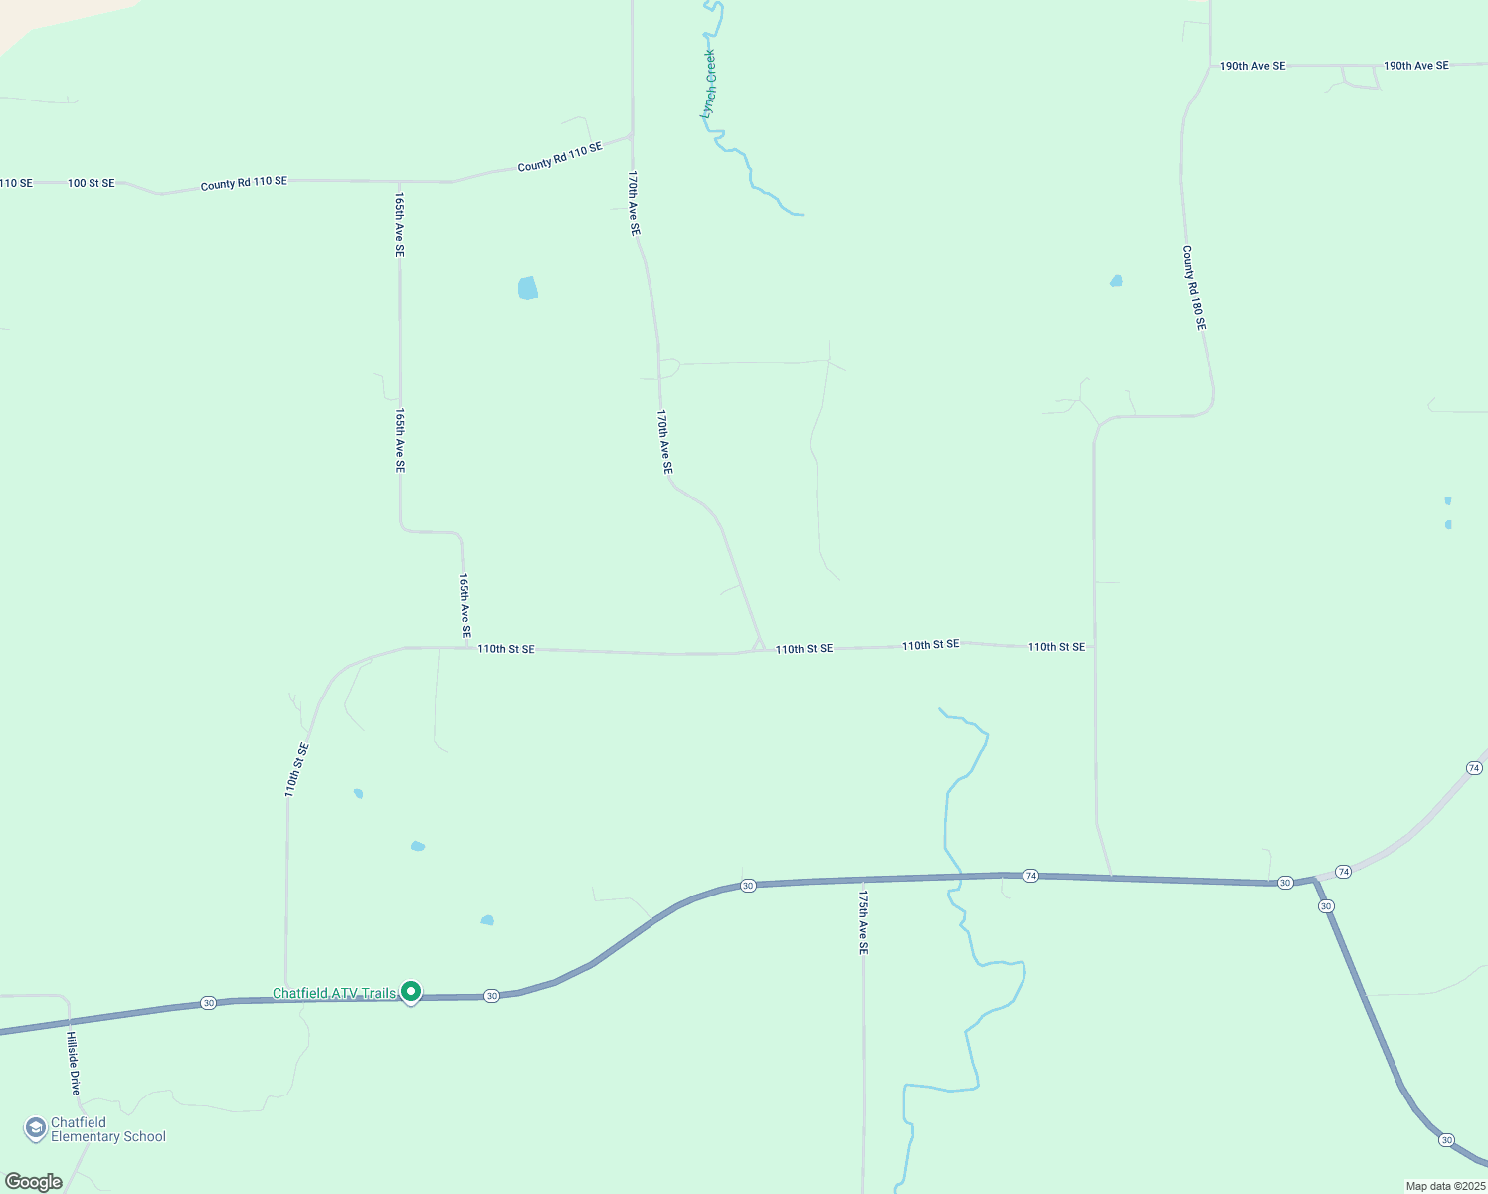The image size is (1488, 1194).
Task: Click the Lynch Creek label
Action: point(708,85)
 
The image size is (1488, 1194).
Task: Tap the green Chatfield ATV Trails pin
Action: point(410,991)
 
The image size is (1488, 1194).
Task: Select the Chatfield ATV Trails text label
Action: point(334,993)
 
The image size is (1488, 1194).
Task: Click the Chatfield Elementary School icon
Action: point(36,1128)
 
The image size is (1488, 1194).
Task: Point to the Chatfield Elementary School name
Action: point(107,1129)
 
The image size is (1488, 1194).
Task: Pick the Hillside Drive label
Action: point(73,1063)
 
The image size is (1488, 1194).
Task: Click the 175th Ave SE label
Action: point(863,922)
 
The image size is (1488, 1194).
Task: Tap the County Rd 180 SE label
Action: point(1193,288)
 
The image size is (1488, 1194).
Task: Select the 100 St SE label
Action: point(91,183)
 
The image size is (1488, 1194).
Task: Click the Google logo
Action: point(34,1182)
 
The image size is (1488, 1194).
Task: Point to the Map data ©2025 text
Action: point(1444,1186)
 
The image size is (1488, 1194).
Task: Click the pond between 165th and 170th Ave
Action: point(527,288)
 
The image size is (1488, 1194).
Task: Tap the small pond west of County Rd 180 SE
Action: point(1116,281)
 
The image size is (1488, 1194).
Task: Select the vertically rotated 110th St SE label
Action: point(296,769)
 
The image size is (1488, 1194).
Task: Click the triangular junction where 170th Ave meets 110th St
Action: point(759,646)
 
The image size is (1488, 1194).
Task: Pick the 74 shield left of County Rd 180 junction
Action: point(1031,876)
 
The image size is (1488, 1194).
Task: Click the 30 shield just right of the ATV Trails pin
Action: point(491,996)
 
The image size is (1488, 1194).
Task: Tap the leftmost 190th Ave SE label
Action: point(1252,66)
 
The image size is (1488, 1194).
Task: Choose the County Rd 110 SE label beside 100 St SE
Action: point(244,183)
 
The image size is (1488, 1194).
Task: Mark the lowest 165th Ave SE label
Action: point(465,604)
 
